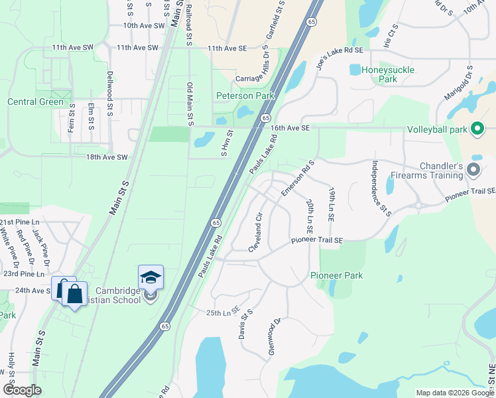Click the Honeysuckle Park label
pyautogui.click(x=379, y=74)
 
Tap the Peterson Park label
pyautogui.click(x=245, y=96)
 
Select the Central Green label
pyautogui.click(x=35, y=102)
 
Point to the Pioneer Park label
pyautogui.click(x=336, y=275)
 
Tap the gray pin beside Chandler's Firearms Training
pyautogui.click(x=473, y=170)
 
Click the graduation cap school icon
pyautogui.click(x=151, y=277)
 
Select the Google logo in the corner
pyautogui.click(x=22, y=390)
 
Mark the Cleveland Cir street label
pyautogui.click(x=256, y=232)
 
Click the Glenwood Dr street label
pyautogui.click(x=275, y=336)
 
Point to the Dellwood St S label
pyautogui.click(x=110, y=92)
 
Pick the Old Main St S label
pyautogui.click(x=190, y=104)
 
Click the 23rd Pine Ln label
pyautogui.click(x=24, y=273)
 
